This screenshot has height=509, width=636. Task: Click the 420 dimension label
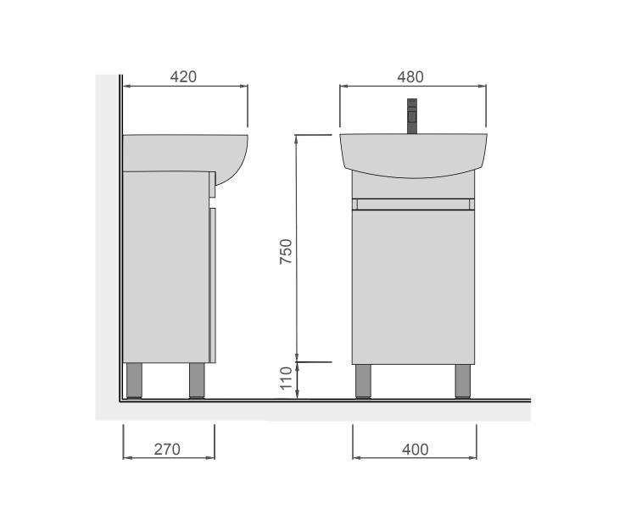183,76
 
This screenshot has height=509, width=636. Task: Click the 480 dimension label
410,76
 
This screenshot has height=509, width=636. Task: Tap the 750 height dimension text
286,252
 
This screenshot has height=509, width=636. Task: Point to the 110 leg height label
286,378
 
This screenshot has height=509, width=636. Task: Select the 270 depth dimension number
167,450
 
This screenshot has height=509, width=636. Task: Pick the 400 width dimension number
416,450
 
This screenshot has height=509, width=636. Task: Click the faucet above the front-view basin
412,116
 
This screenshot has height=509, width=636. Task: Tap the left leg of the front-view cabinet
363,381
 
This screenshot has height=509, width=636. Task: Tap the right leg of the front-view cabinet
462,381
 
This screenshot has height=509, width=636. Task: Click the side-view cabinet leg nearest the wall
134,380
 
